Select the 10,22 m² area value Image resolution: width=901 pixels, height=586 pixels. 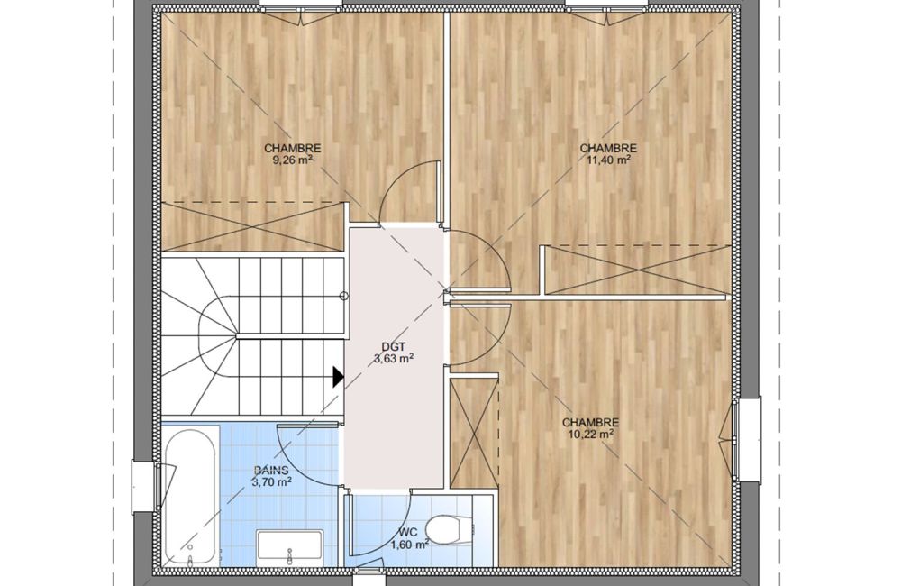[590, 435]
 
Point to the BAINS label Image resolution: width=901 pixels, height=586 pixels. [271, 470]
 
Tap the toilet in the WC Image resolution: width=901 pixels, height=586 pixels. [447, 527]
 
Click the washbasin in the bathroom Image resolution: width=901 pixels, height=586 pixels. [289, 545]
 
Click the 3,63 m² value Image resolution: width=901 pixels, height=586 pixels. [394, 358]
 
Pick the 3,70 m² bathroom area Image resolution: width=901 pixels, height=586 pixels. [271, 482]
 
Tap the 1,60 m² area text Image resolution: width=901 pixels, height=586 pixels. [409, 545]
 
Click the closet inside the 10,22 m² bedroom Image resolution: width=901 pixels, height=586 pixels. [473, 433]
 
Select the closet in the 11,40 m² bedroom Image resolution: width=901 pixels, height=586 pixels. [635, 270]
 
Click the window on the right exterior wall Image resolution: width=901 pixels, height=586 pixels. [738, 438]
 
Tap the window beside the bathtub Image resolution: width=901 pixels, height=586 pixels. [141, 488]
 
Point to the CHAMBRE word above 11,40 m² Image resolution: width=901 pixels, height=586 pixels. [608, 148]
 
